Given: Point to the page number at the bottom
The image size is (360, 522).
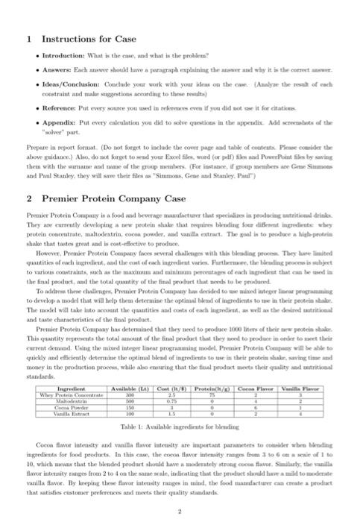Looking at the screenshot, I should pyautogui.click(x=180, y=512).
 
